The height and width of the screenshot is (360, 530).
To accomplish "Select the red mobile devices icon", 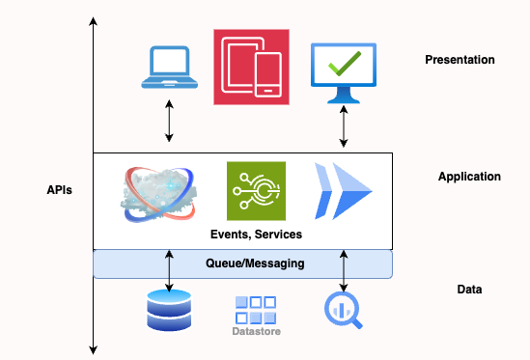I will point(251,66).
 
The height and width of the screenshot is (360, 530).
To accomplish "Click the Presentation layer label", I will point(460,60).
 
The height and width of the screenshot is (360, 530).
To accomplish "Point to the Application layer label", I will point(469,177).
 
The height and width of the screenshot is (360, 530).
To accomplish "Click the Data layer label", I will point(469,290).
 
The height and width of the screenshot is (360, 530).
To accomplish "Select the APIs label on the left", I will point(59,190).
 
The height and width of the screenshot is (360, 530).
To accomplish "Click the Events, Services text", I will point(257,235).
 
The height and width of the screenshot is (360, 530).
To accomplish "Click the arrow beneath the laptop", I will point(170,121).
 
